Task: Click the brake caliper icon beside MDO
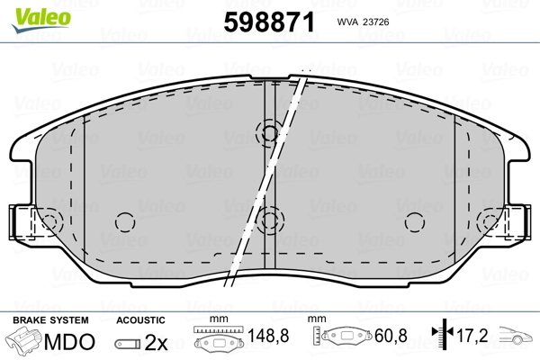click(x=24, y=343)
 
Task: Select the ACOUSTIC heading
click(x=141, y=320)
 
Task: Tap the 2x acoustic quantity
click(x=157, y=343)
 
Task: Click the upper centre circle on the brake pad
click(x=269, y=134)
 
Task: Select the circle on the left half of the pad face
click(x=125, y=221)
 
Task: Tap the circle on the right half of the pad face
click(x=413, y=221)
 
